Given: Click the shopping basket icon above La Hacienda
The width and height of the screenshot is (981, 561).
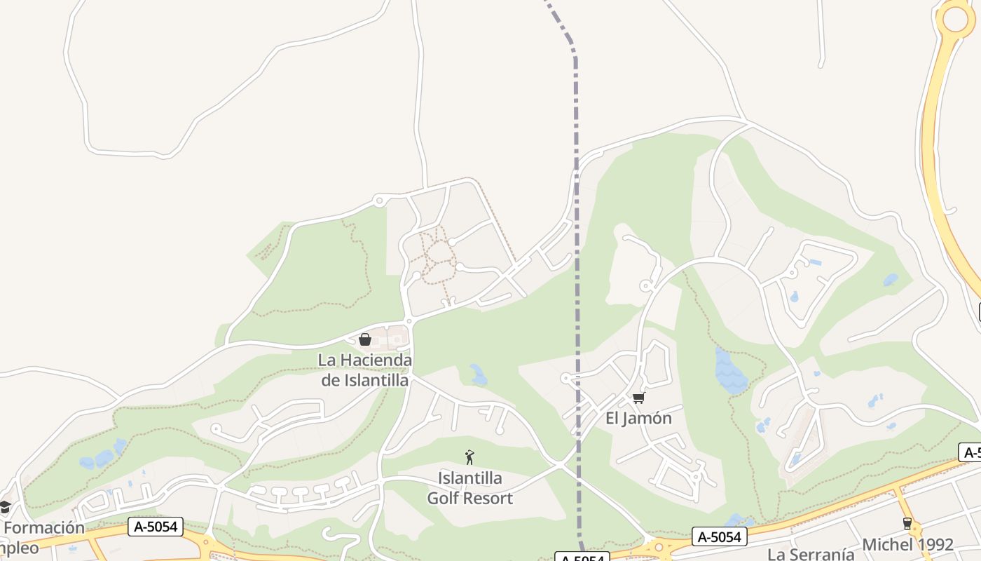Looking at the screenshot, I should pos(365,340).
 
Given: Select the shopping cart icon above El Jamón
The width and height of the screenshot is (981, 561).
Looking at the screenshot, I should pos(638,398).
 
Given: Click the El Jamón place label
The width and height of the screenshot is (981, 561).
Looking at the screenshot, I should pos(638,419).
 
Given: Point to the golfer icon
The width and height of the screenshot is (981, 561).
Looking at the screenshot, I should pos(469,457).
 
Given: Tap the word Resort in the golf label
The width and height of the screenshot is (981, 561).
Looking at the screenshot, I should pos(490,499).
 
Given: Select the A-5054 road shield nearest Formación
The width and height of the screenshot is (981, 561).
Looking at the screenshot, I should pos(155,527).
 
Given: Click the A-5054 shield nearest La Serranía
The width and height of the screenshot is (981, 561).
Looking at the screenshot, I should pos(720,537).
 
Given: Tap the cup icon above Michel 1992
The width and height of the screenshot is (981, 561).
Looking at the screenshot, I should pos(907,524).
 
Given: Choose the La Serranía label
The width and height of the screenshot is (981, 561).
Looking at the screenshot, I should pos(810,554).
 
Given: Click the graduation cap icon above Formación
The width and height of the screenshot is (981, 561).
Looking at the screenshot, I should pos(5,507).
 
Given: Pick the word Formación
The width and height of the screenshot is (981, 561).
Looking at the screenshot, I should pos(44,528).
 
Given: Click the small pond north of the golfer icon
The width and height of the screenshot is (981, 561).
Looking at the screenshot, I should pos(479,375).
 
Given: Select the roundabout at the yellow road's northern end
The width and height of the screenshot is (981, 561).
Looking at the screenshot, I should pos(956,18).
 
